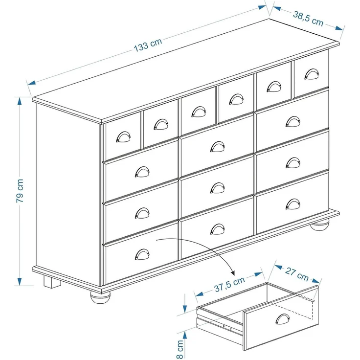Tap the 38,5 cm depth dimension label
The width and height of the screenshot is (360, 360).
tap(308, 19)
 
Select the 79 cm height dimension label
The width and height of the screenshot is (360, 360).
tap(20, 191)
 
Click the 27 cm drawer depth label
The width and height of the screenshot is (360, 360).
tap(296, 274)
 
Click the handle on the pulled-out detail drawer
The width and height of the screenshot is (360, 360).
tap(282, 319)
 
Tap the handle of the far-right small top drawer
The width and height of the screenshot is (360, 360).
tap(311, 74)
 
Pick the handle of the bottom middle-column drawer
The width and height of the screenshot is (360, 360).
tap(218, 228)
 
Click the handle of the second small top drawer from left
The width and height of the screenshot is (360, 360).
tap(160, 125)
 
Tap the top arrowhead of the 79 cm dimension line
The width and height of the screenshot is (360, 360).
tap(20, 100)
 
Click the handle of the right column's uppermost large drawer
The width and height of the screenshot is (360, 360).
tap(293, 121)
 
